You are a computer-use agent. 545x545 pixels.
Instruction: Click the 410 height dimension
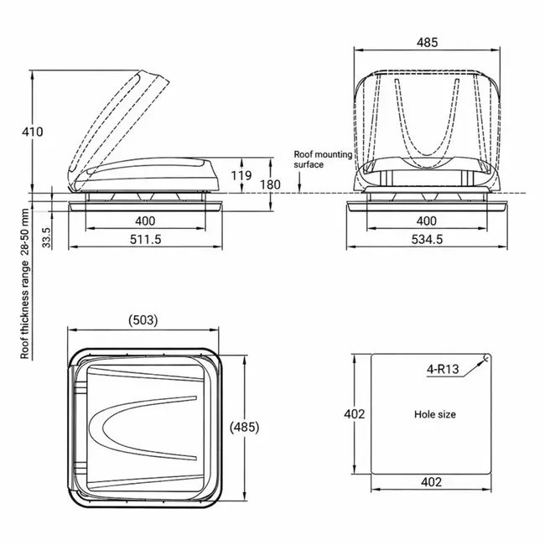click(33, 132)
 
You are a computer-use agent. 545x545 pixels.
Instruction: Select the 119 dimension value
click(241, 175)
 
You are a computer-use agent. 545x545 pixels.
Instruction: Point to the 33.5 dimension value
click(47, 237)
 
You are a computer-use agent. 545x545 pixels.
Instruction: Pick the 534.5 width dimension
click(427, 240)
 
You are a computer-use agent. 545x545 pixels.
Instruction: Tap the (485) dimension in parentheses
click(244, 427)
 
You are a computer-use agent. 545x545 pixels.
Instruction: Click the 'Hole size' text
click(434, 414)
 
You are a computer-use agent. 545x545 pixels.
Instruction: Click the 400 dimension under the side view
click(146, 221)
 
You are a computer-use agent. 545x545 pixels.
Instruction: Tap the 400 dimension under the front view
click(427, 221)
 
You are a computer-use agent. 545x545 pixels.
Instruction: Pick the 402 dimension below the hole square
click(431, 483)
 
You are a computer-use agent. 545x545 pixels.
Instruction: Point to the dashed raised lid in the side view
click(117, 117)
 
